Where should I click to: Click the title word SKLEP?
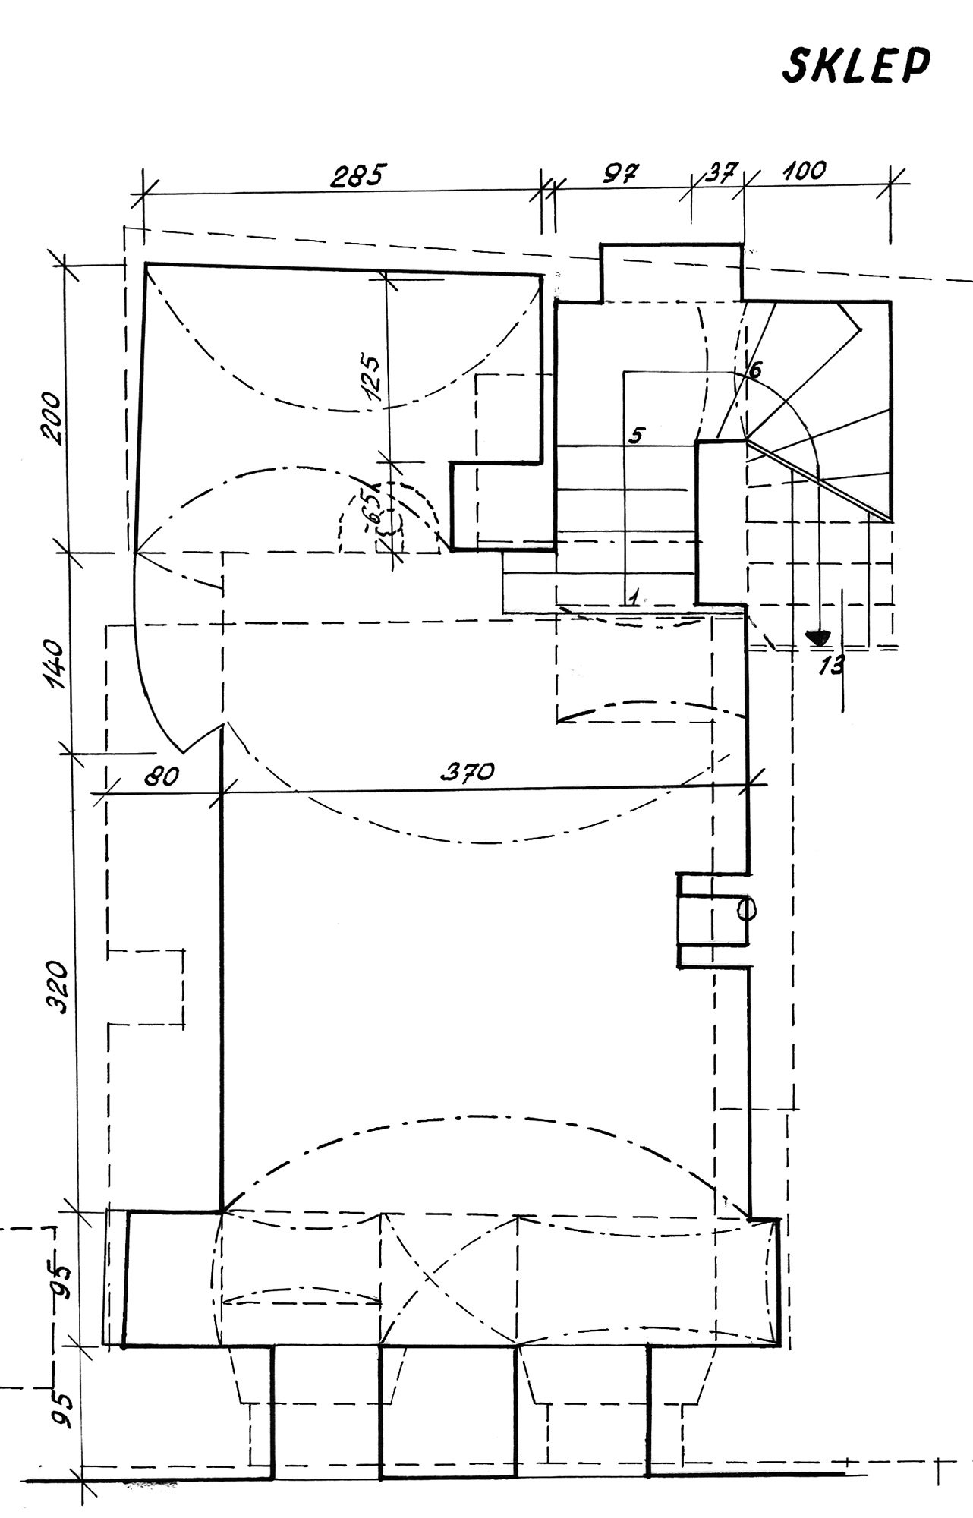pyautogui.click(x=855, y=67)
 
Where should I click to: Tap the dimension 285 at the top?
pyautogui.click(x=359, y=176)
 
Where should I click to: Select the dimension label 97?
pyautogui.click(x=622, y=172)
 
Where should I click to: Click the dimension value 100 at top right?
pyautogui.click(x=804, y=171)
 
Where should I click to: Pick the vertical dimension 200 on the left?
pyautogui.click(x=52, y=417)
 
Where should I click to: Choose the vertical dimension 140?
pyautogui.click(x=55, y=664)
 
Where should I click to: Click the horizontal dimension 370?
pyautogui.click(x=468, y=773)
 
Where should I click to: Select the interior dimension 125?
pyautogui.click(x=372, y=376)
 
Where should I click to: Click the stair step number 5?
pyautogui.click(x=637, y=436)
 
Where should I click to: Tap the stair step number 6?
pyautogui.click(x=754, y=370)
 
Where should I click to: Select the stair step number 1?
pyautogui.click(x=632, y=597)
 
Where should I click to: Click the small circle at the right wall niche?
pyautogui.click(x=747, y=909)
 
